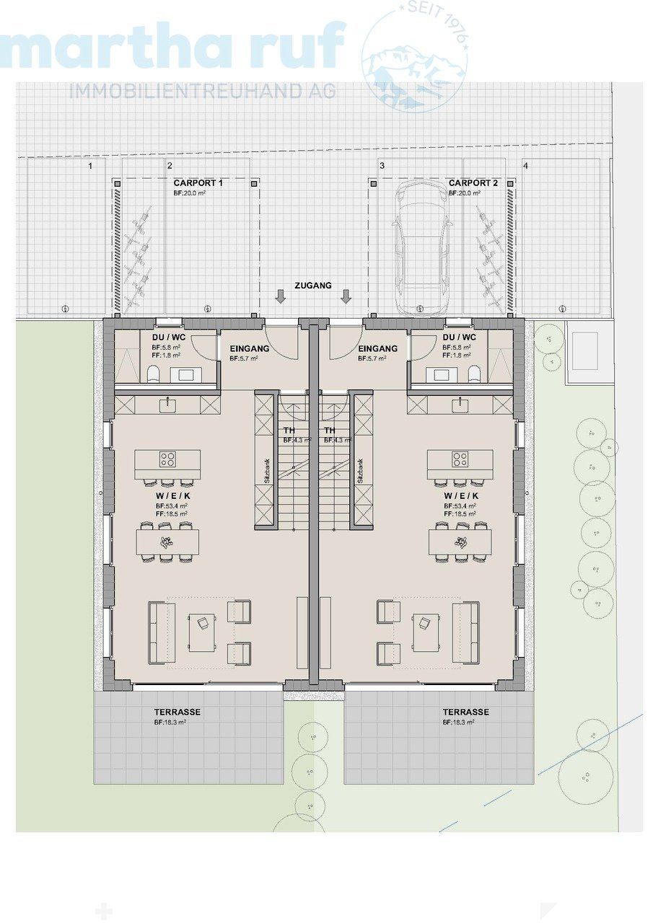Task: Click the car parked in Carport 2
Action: pyautogui.click(x=422, y=247)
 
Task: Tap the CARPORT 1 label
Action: pyautogui.click(x=198, y=183)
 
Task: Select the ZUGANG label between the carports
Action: pyautogui.click(x=312, y=286)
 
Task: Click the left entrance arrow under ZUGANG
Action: pyautogui.click(x=281, y=296)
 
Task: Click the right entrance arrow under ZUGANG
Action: pyautogui.click(x=346, y=296)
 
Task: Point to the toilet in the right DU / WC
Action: pyautogui.click(x=474, y=374)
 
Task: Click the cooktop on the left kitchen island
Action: pyautogui.click(x=168, y=459)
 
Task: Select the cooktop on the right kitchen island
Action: pyautogui.click(x=460, y=459)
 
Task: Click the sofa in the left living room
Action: pyautogui.click(x=161, y=632)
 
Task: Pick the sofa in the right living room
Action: pyautogui.click(x=465, y=632)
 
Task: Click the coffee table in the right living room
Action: pyautogui.click(x=426, y=632)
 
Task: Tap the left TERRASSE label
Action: pyautogui.click(x=177, y=712)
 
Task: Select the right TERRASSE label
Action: pyautogui.click(x=465, y=712)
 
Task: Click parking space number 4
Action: pyautogui.click(x=525, y=166)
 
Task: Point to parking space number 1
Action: pyautogui.click(x=90, y=166)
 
